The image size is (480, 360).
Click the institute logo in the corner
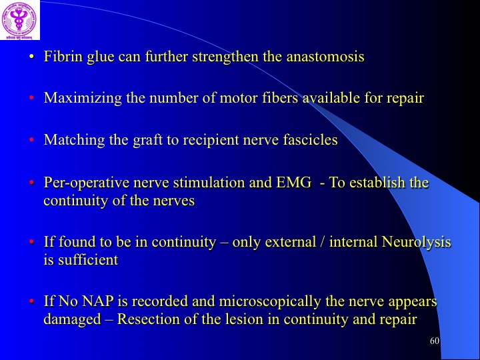click(20, 20)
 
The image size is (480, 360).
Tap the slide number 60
click(435, 341)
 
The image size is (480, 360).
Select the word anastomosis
click(325, 57)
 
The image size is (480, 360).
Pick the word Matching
click(75, 140)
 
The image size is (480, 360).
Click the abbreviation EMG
click(293, 183)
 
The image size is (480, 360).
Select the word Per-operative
click(87, 183)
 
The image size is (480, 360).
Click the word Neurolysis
click(416, 242)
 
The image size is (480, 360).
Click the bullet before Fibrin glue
click(31, 57)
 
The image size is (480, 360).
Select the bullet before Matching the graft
click(31, 140)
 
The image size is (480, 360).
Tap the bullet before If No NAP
click(31, 301)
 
